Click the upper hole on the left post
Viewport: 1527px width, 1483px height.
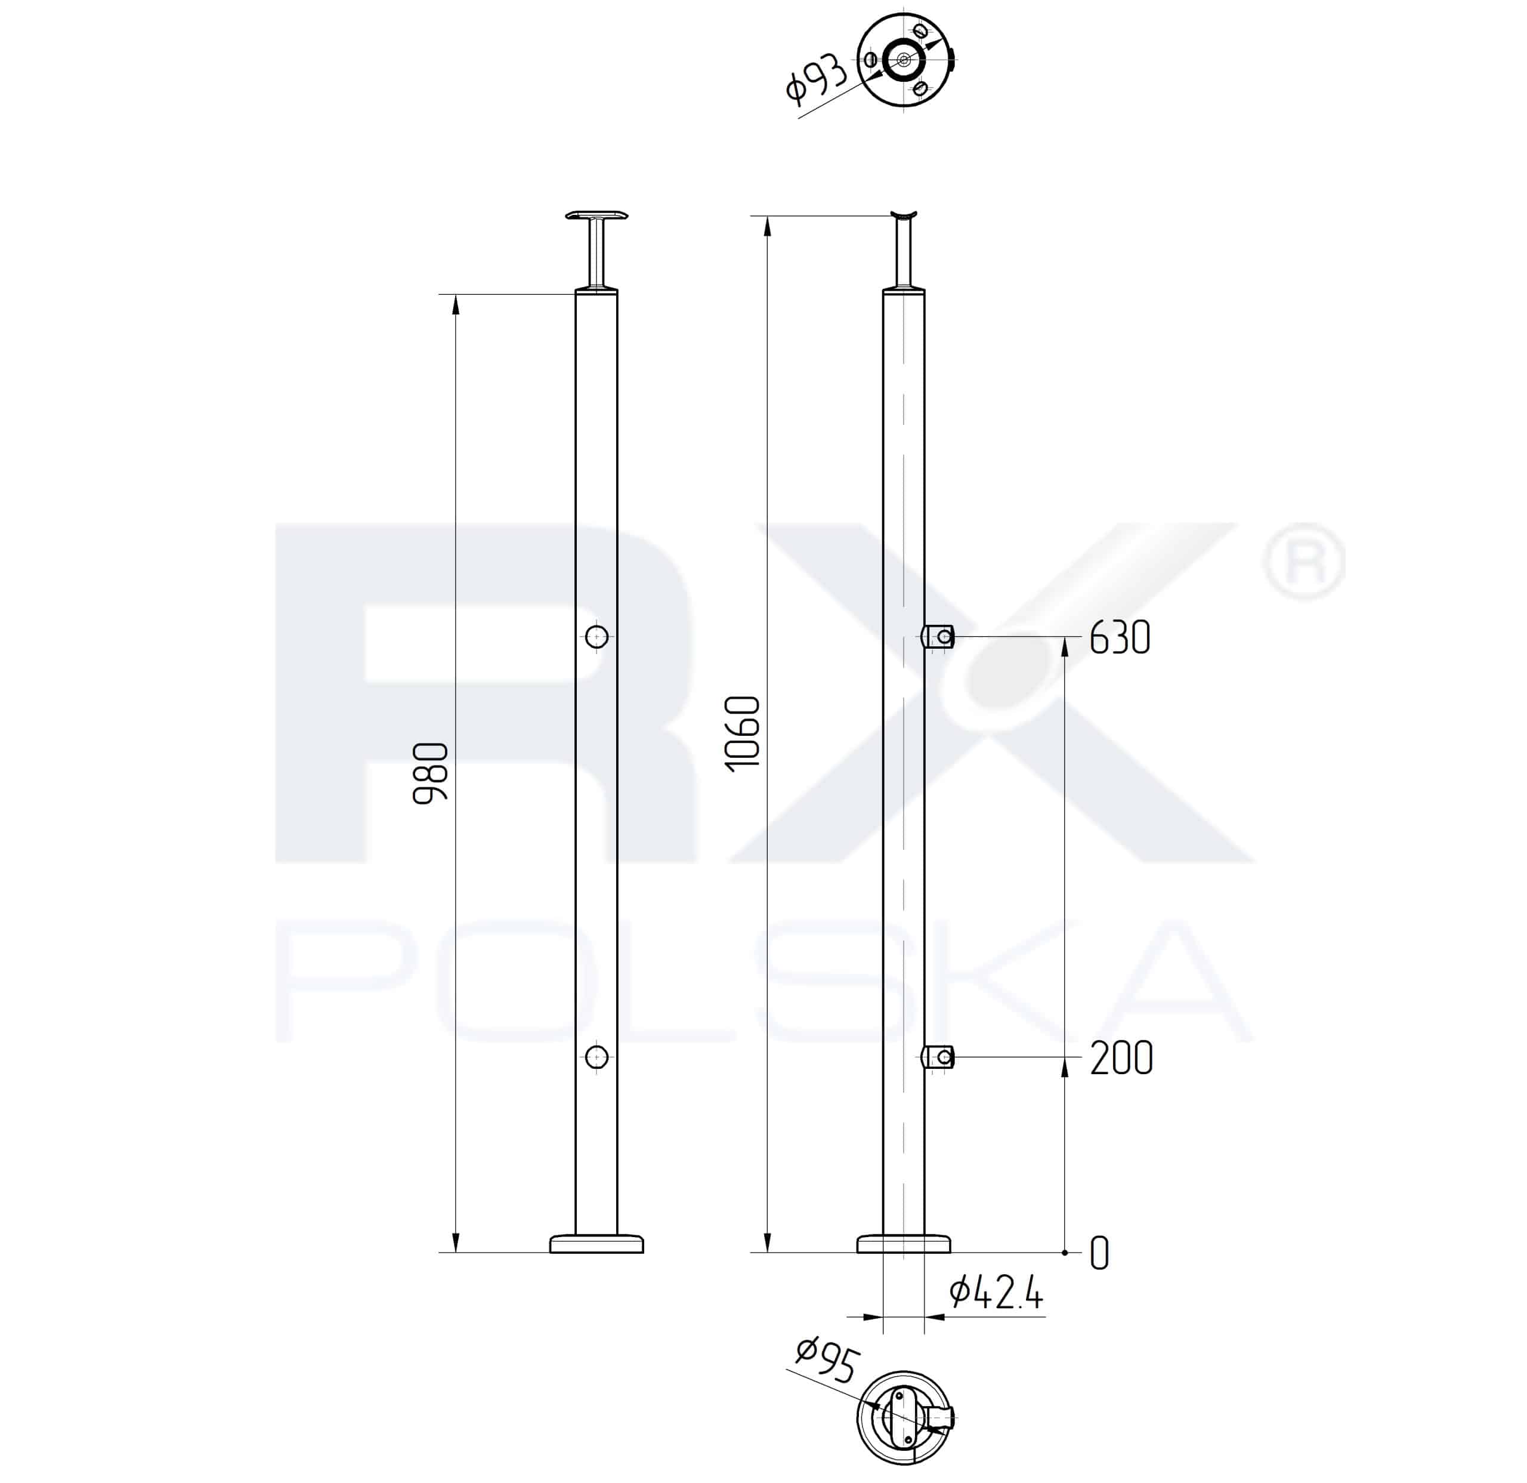click(x=596, y=636)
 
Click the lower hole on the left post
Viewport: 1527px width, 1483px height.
click(x=596, y=1057)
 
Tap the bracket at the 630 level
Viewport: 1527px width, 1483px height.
click(x=938, y=637)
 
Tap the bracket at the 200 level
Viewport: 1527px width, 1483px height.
click(x=938, y=1057)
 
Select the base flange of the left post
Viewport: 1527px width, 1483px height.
click(x=596, y=1243)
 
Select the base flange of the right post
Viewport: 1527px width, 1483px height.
click(x=904, y=1243)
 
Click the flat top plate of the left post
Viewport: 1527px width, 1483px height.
click(x=596, y=215)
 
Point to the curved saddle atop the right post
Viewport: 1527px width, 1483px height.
click(x=904, y=215)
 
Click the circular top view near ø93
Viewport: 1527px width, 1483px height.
click(x=904, y=59)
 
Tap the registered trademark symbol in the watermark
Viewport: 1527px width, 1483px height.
click(x=1303, y=562)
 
